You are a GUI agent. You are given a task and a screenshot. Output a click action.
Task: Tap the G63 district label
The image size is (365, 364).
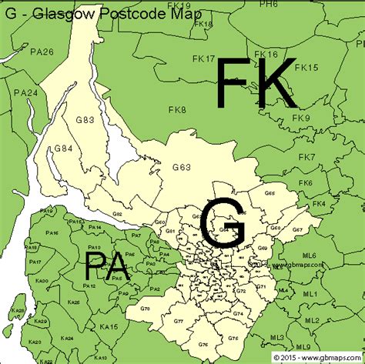click(x=182, y=166)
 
